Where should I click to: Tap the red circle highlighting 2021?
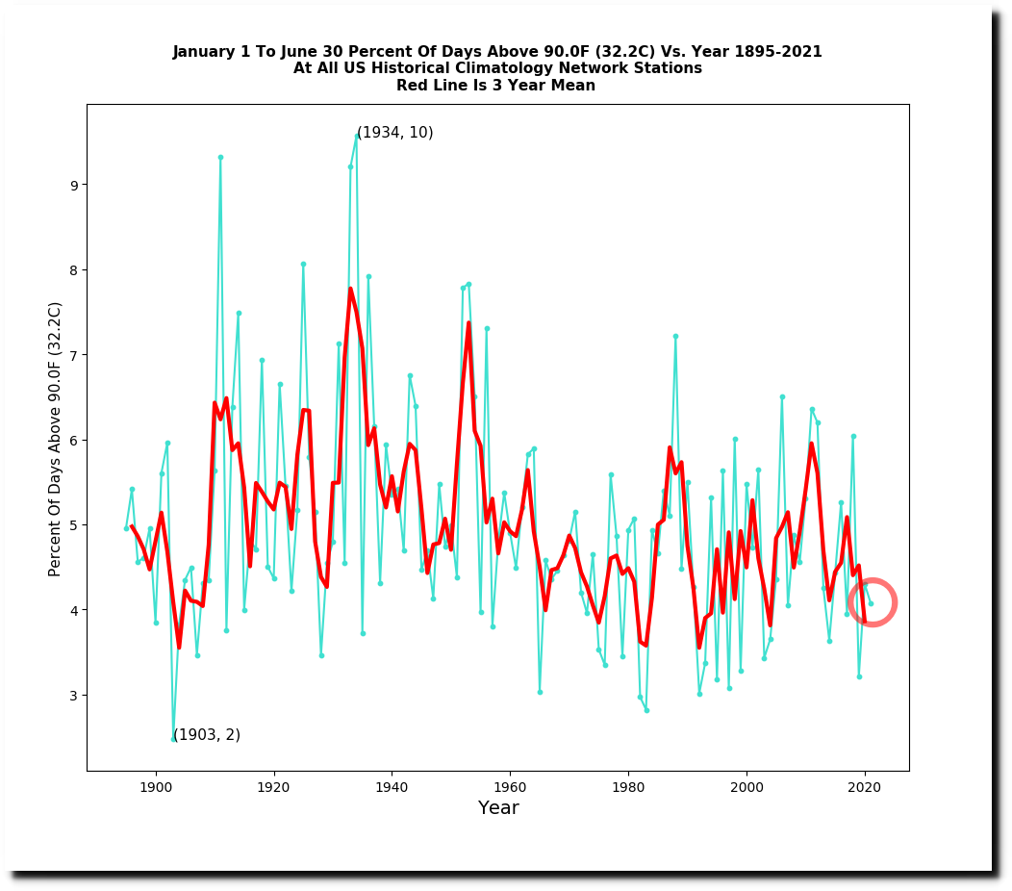[872, 603]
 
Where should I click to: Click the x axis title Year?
[498, 808]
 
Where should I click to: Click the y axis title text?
[56, 439]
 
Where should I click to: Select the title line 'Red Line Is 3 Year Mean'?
[496, 86]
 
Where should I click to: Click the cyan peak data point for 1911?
[220, 157]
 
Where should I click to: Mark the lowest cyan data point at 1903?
[173, 739]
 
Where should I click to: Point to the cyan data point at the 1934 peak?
[357, 136]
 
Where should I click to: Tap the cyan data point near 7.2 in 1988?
[675, 336]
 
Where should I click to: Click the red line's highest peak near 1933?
[350, 289]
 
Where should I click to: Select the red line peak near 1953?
[468, 323]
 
